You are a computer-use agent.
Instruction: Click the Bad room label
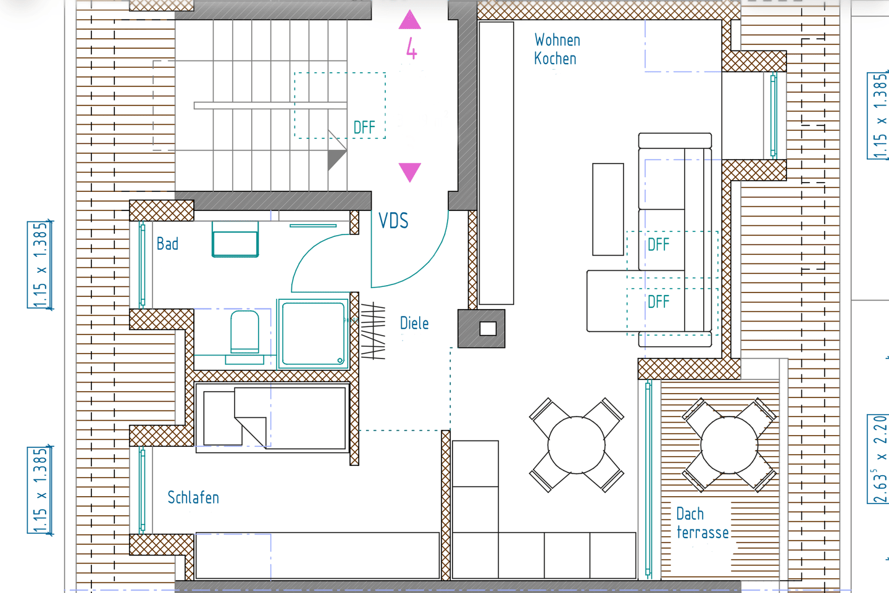[x=167, y=244]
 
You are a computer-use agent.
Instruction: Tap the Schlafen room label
[x=193, y=497]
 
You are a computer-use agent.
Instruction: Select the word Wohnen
[x=557, y=40]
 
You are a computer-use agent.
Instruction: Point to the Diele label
[x=414, y=323]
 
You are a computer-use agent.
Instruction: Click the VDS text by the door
[x=393, y=220]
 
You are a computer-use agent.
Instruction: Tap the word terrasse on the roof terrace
[x=703, y=533]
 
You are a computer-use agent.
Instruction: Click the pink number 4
[x=412, y=48]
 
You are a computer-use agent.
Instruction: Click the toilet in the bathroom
[x=244, y=331]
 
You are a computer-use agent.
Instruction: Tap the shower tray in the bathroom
[x=313, y=334]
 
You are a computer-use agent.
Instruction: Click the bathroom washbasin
[x=235, y=239]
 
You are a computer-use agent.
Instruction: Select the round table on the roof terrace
[x=730, y=445]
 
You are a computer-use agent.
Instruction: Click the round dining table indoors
[x=576, y=445]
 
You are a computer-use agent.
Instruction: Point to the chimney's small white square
[x=488, y=328]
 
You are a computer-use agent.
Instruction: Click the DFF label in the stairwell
[x=364, y=128]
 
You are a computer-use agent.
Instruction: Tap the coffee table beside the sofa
[x=608, y=209]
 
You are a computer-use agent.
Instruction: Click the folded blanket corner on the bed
[x=250, y=431]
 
